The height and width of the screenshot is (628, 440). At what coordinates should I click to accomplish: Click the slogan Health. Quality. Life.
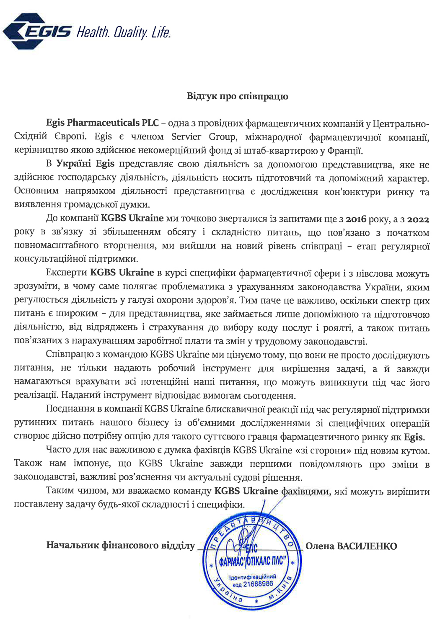pos(123,32)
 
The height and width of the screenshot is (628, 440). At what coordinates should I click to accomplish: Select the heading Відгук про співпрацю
pos(237,96)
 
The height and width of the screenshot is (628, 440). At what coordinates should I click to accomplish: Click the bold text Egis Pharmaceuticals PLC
pos(102,123)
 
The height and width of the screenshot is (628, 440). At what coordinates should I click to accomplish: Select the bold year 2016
pos(356,219)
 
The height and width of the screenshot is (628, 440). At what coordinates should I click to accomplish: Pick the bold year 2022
pos(418,219)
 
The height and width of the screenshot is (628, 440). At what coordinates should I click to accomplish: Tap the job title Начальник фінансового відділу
pos(121,546)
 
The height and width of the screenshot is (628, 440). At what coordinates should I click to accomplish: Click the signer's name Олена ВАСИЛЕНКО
pos(351,546)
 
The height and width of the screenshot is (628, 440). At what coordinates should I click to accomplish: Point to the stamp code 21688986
pos(258,584)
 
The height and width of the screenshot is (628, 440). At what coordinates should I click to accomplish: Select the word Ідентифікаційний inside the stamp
pos(252,577)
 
